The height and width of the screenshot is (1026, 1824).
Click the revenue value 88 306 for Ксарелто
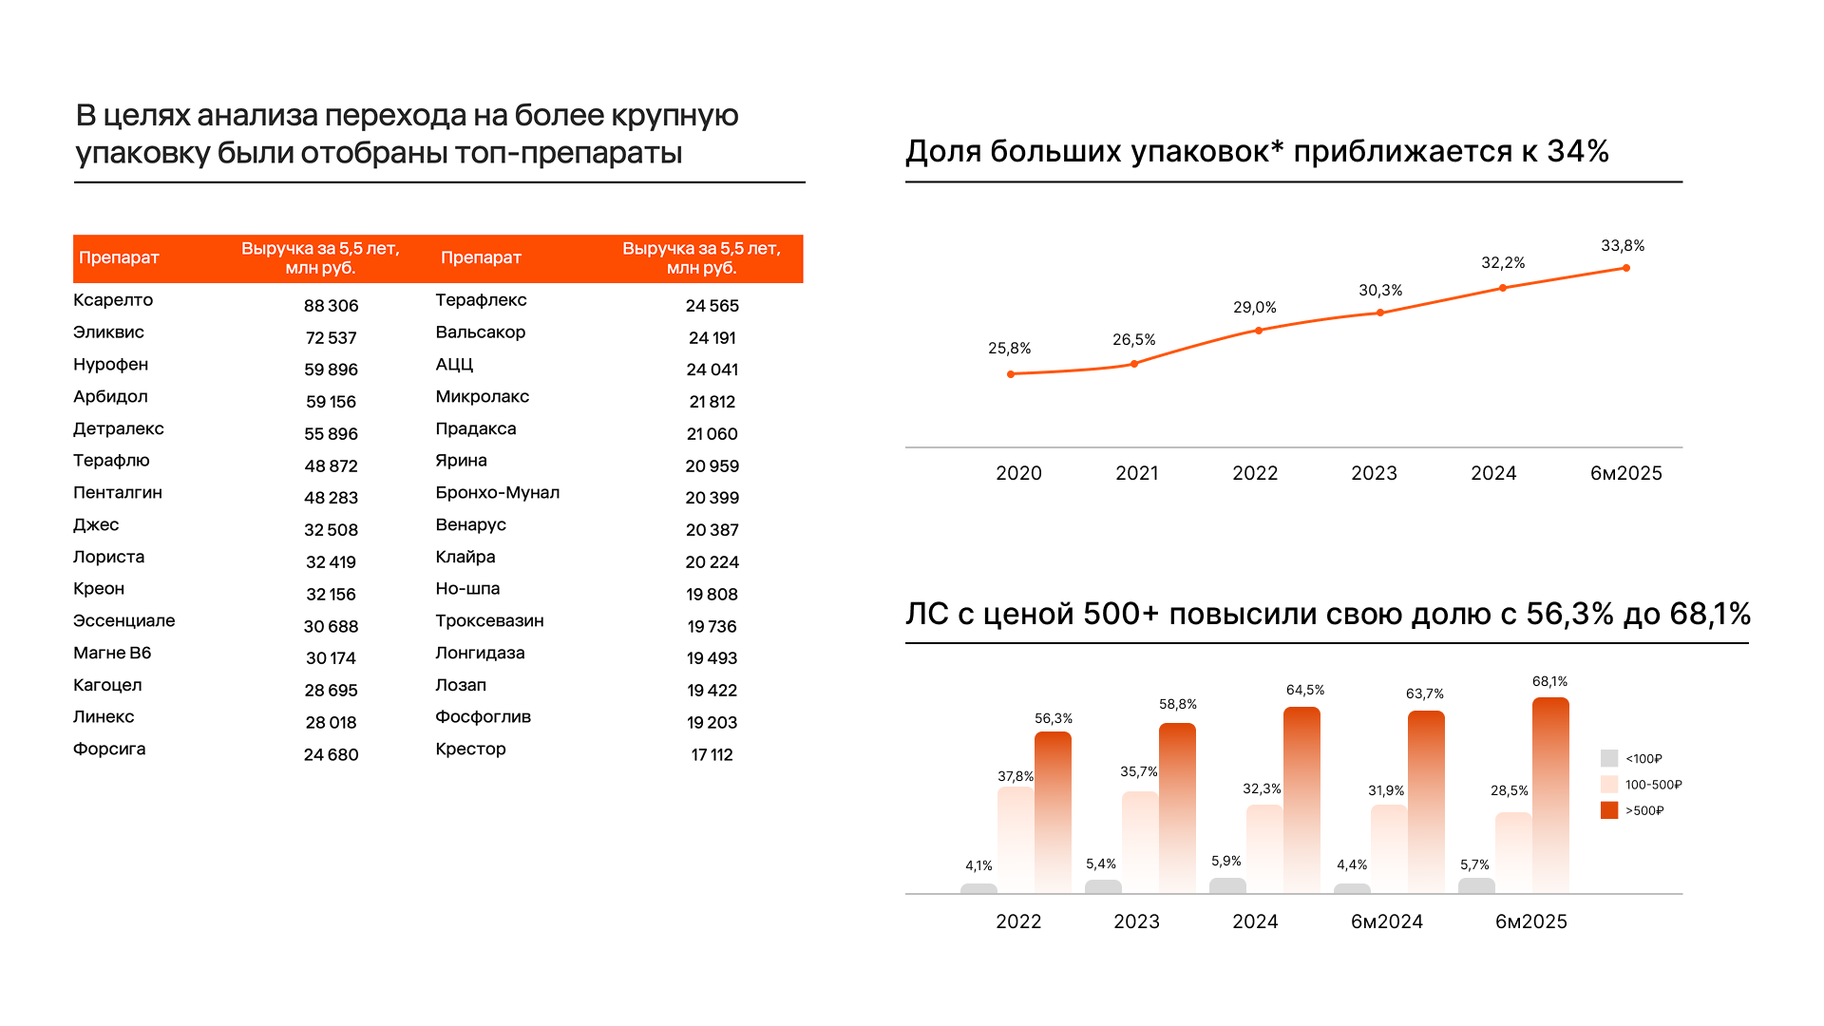pos(331,306)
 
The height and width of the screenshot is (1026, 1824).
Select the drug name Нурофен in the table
pos(110,365)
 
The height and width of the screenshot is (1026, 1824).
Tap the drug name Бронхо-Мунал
pos(497,493)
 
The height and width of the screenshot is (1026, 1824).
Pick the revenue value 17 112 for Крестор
pos(712,755)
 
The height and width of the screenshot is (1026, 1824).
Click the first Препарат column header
pos(119,257)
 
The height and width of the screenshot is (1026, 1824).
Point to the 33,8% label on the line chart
pos(1622,246)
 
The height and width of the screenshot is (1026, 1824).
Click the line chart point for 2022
pos(1259,331)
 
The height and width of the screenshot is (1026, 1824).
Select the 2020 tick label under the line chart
pos(1018,473)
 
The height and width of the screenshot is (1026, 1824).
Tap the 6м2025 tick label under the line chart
pos(1625,473)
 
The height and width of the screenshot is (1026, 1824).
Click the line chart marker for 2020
pos(1011,374)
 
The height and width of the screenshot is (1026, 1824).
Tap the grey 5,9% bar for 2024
pos(1227,885)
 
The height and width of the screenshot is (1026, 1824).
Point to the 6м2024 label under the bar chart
pos(1386,921)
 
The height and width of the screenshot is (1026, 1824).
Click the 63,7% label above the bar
pos(1424,694)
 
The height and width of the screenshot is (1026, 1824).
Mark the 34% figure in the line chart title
pos(1578,151)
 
